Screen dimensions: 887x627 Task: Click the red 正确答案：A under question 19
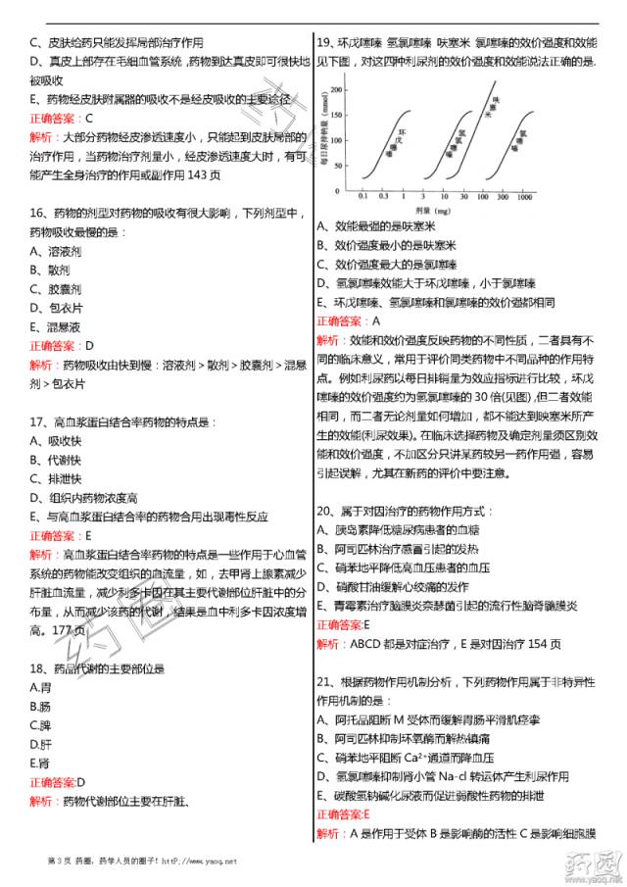click(x=348, y=320)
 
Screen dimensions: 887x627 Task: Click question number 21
click(x=325, y=682)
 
